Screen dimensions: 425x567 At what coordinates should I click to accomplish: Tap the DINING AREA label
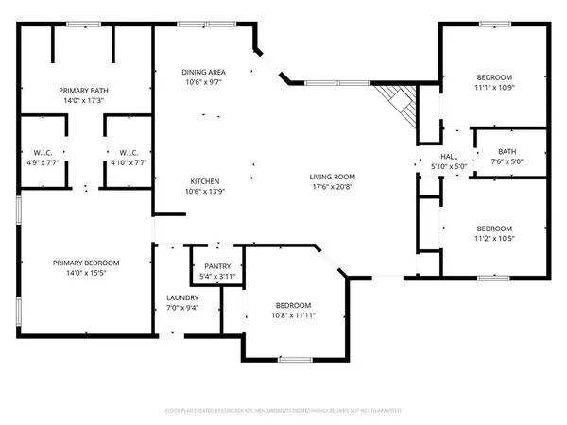[203, 72]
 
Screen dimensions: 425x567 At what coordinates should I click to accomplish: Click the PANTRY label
[217, 266]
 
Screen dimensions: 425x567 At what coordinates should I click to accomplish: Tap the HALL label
[449, 157]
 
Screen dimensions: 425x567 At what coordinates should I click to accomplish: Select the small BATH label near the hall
[507, 151]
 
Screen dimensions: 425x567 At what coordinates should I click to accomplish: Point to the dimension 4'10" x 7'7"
[129, 161]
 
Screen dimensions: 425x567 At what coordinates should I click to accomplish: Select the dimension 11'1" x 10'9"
[494, 88]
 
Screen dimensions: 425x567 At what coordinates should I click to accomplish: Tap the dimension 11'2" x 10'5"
[494, 239]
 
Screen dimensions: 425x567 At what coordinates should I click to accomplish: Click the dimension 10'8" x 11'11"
[293, 316]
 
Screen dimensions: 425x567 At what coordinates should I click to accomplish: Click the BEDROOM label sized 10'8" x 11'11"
[293, 306]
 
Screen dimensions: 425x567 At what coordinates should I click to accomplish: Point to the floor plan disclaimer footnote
[283, 411]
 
